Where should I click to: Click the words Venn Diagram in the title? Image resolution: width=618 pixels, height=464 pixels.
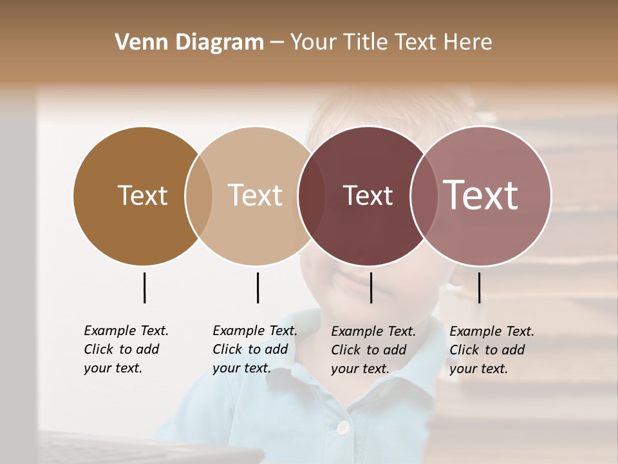tap(189, 43)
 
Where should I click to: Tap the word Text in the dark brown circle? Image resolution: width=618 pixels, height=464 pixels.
tap(142, 196)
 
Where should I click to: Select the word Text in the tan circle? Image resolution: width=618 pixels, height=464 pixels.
tap(255, 196)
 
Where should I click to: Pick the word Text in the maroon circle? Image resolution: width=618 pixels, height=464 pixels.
tap(368, 196)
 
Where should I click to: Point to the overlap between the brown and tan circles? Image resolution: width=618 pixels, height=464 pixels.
tap(199, 196)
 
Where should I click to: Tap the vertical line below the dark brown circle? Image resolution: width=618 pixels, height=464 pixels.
tap(144, 287)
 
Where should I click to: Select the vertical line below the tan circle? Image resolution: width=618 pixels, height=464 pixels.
tap(257, 287)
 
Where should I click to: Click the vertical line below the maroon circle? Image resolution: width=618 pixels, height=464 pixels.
tap(371, 287)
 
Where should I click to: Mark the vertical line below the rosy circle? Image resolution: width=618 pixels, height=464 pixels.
tap(479, 287)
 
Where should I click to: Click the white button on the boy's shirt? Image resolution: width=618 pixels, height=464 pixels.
tap(343, 427)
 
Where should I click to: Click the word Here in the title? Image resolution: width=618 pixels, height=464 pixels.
tap(468, 43)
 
